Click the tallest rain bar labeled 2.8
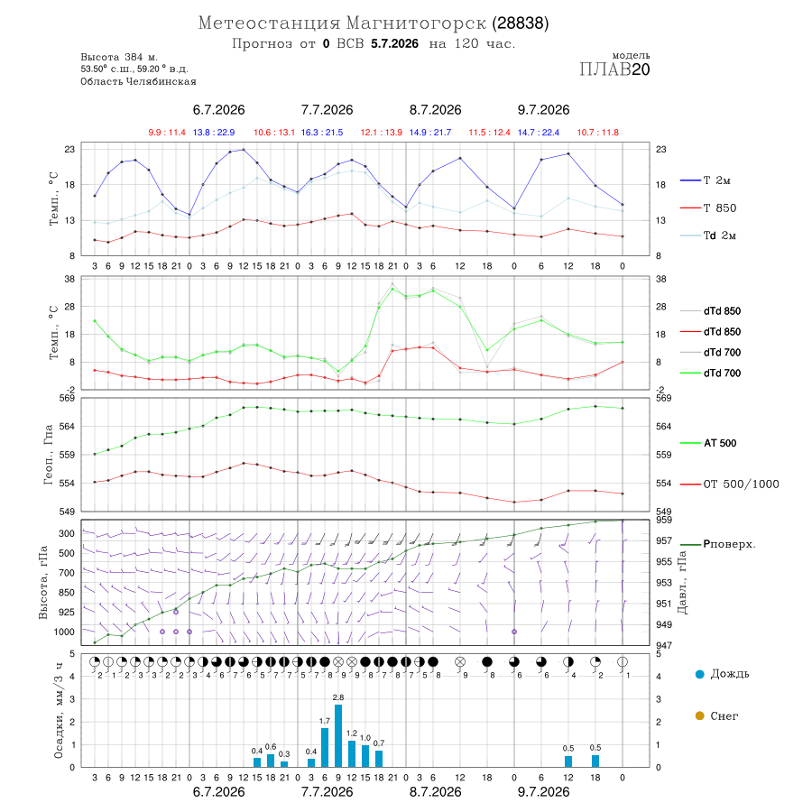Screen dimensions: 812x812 338,735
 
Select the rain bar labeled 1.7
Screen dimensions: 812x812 325,747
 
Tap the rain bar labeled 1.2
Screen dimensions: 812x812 352,753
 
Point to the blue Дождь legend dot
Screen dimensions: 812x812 699,674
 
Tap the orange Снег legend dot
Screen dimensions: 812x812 699,715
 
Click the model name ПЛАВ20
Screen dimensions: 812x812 614,69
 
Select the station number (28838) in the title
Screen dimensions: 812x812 520,23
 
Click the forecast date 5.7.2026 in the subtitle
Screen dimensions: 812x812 394,43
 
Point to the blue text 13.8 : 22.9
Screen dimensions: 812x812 214,133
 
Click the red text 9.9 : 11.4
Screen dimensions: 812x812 167,133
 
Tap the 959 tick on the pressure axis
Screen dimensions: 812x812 664,520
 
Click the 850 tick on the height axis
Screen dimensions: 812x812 66,593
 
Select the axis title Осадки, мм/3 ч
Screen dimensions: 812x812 58,711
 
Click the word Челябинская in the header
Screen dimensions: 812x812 161,81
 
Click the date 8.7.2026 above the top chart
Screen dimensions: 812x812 435,110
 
